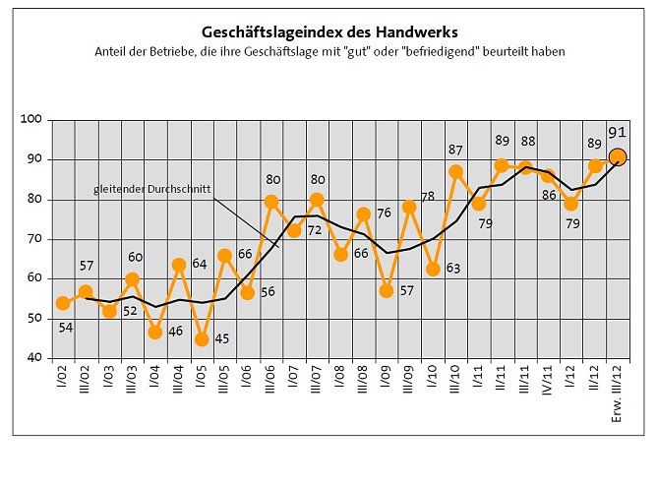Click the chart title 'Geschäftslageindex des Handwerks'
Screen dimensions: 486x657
click(x=329, y=32)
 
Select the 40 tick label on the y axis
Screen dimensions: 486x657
click(x=36, y=359)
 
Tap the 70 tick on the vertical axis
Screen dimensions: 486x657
click(x=36, y=239)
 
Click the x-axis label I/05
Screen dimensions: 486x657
click(x=202, y=380)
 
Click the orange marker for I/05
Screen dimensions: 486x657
click(x=202, y=339)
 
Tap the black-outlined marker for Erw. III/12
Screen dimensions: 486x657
click(x=618, y=156)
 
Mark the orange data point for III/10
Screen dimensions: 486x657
click(x=456, y=172)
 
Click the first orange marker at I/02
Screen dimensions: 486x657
click(x=63, y=303)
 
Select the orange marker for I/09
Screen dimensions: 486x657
click(x=387, y=291)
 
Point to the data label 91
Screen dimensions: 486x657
click(x=618, y=133)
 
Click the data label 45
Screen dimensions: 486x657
click(x=221, y=339)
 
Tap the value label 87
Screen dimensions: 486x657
click(x=456, y=150)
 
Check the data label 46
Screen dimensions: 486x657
click(x=175, y=333)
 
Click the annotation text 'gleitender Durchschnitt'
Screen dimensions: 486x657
click(x=152, y=188)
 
